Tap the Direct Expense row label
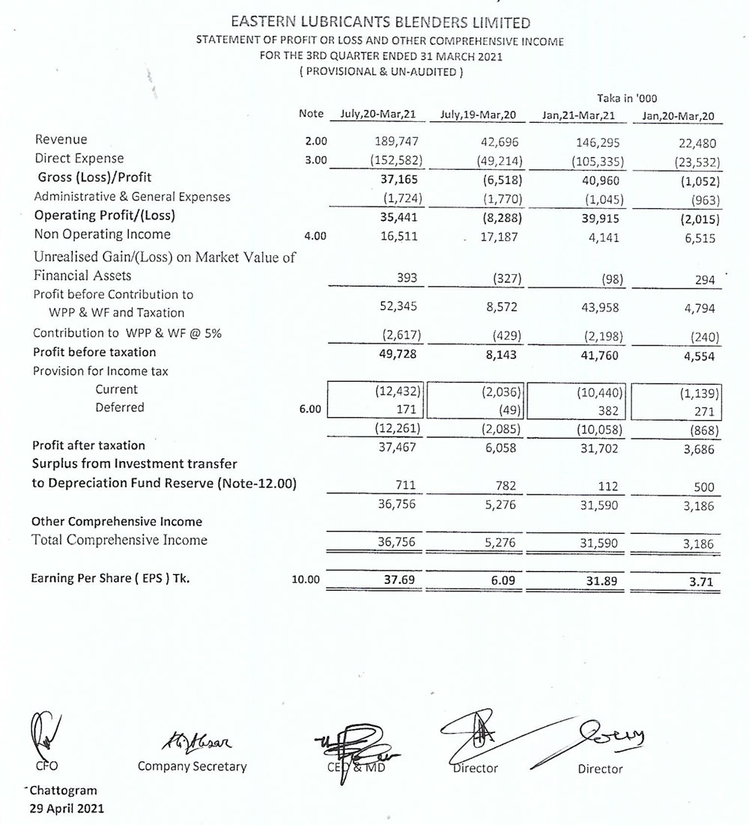click(79, 159)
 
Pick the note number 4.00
click(317, 236)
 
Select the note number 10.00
click(306, 579)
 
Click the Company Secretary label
click(192, 767)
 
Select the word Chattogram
click(64, 791)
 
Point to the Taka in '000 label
click(627, 97)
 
